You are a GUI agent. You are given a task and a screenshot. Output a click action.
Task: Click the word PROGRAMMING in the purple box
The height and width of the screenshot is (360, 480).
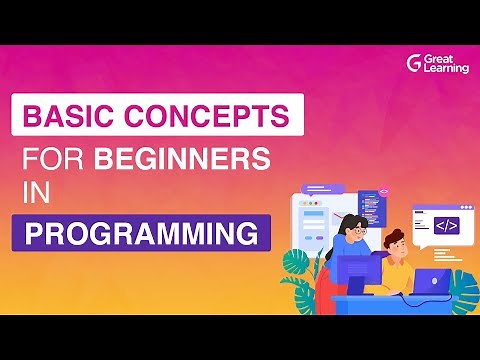click(140, 235)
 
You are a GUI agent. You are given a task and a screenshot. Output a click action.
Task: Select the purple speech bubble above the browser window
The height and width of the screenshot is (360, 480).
click(322, 187)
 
